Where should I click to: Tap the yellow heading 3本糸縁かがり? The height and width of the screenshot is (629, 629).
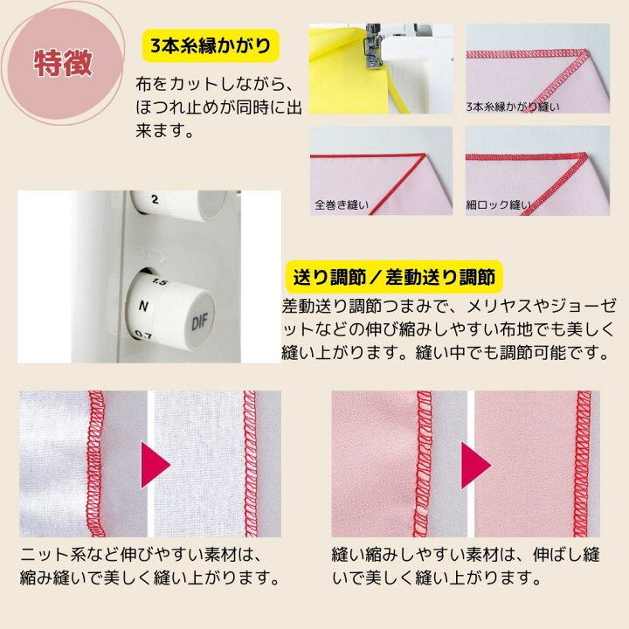[x=211, y=45]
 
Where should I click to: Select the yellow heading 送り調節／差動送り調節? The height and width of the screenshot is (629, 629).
[x=394, y=277]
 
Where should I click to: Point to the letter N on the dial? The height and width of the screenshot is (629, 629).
[x=143, y=307]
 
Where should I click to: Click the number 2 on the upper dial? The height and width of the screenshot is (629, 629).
[x=155, y=199]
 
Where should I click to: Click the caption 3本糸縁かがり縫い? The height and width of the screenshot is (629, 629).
[x=513, y=107]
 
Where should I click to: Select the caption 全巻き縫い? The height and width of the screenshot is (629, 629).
[x=342, y=205]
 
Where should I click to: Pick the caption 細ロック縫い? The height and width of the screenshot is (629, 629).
[x=498, y=205]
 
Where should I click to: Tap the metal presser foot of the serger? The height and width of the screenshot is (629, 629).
[x=371, y=46]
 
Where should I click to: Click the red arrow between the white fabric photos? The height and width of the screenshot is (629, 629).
[x=156, y=465]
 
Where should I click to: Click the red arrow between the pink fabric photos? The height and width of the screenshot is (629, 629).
[x=476, y=466]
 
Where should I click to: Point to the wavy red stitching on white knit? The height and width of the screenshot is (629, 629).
[x=96, y=463]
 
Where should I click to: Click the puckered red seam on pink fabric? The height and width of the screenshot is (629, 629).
[x=423, y=463]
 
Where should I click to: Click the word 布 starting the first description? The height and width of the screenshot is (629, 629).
[x=142, y=84]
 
